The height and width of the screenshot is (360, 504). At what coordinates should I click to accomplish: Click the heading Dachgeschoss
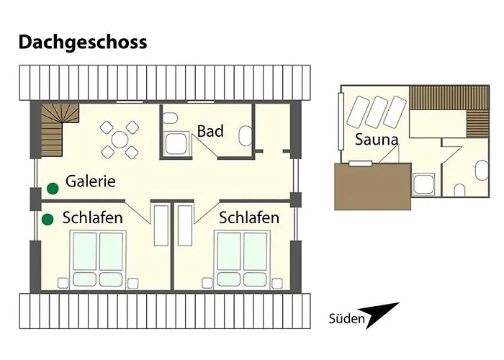82,42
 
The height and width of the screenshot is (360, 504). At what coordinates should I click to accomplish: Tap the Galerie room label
91,181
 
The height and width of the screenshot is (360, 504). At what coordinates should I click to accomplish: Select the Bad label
210,132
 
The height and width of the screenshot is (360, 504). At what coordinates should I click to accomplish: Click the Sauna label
377,140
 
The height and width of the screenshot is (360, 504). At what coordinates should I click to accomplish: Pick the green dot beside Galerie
53,189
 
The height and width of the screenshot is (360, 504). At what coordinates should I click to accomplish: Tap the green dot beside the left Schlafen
48,220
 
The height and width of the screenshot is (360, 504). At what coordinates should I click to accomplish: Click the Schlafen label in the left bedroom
92,217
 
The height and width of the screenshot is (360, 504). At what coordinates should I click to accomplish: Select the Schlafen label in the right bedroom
249,217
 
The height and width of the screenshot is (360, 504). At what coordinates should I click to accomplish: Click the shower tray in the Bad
176,144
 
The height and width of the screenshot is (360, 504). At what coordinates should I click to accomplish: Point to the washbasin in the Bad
245,136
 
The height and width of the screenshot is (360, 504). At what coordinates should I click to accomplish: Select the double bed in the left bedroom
100,260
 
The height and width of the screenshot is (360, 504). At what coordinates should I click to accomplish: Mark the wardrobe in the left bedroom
160,225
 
